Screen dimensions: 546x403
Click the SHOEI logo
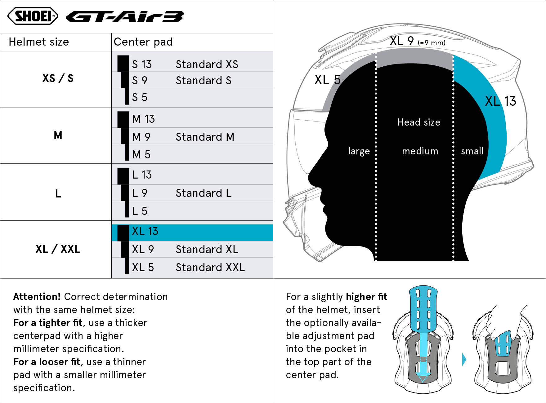click(33, 16)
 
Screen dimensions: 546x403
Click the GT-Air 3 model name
click(125, 17)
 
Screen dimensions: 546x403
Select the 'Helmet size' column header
click(39, 42)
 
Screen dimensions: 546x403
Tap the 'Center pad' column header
click(143, 42)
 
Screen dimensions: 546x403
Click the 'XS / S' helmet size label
click(58, 78)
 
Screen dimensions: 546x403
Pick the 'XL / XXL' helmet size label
click(58, 249)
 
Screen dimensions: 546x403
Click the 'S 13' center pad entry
click(142, 64)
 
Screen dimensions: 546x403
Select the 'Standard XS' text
click(207, 64)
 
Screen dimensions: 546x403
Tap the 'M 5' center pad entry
click(141, 154)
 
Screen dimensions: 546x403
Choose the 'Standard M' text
click(205, 137)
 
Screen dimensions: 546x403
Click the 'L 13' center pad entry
click(142, 175)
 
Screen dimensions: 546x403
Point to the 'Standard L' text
click(204, 193)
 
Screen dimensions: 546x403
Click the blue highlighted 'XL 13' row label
click(145, 231)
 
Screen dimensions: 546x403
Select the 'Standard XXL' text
click(210, 267)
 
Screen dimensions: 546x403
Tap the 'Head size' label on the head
click(419, 122)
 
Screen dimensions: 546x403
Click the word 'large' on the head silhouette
click(359, 151)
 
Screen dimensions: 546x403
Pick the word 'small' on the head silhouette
click(472, 151)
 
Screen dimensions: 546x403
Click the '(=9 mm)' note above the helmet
click(432, 42)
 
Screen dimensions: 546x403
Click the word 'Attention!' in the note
click(37, 297)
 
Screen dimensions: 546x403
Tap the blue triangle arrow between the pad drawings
click(464, 360)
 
